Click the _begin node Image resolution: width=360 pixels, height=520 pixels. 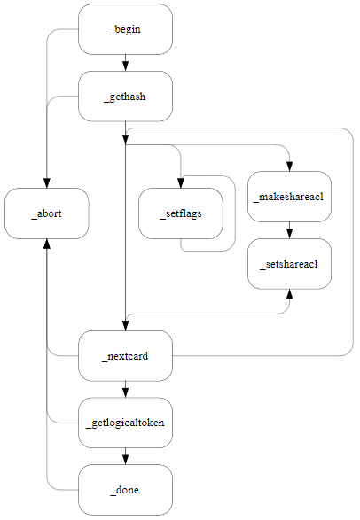[x=125, y=29]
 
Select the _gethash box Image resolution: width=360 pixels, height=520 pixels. [x=125, y=96]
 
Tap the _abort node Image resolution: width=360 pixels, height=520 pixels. [x=46, y=213]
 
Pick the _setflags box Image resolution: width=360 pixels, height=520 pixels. [x=180, y=213]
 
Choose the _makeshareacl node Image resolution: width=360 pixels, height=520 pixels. [x=290, y=196]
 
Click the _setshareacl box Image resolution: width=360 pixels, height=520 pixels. [x=290, y=263]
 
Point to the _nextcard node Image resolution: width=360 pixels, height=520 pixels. [x=125, y=356]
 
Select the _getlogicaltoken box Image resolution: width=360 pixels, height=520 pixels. [x=125, y=423]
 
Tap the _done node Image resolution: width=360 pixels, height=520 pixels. [x=125, y=489]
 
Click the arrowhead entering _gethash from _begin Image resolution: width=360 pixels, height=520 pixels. [x=125, y=66]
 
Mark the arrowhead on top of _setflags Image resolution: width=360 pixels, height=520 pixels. [x=180, y=183]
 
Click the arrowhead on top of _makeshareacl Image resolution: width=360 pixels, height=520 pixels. [x=290, y=166]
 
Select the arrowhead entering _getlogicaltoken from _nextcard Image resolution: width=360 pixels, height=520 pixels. [x=125, y=392]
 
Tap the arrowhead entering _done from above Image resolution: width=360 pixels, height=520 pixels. [x=125, y=459]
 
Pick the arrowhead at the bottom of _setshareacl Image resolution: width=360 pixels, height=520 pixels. [x=290, y=294]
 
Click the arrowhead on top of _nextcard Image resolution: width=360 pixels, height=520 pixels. [x=125, y=325]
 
